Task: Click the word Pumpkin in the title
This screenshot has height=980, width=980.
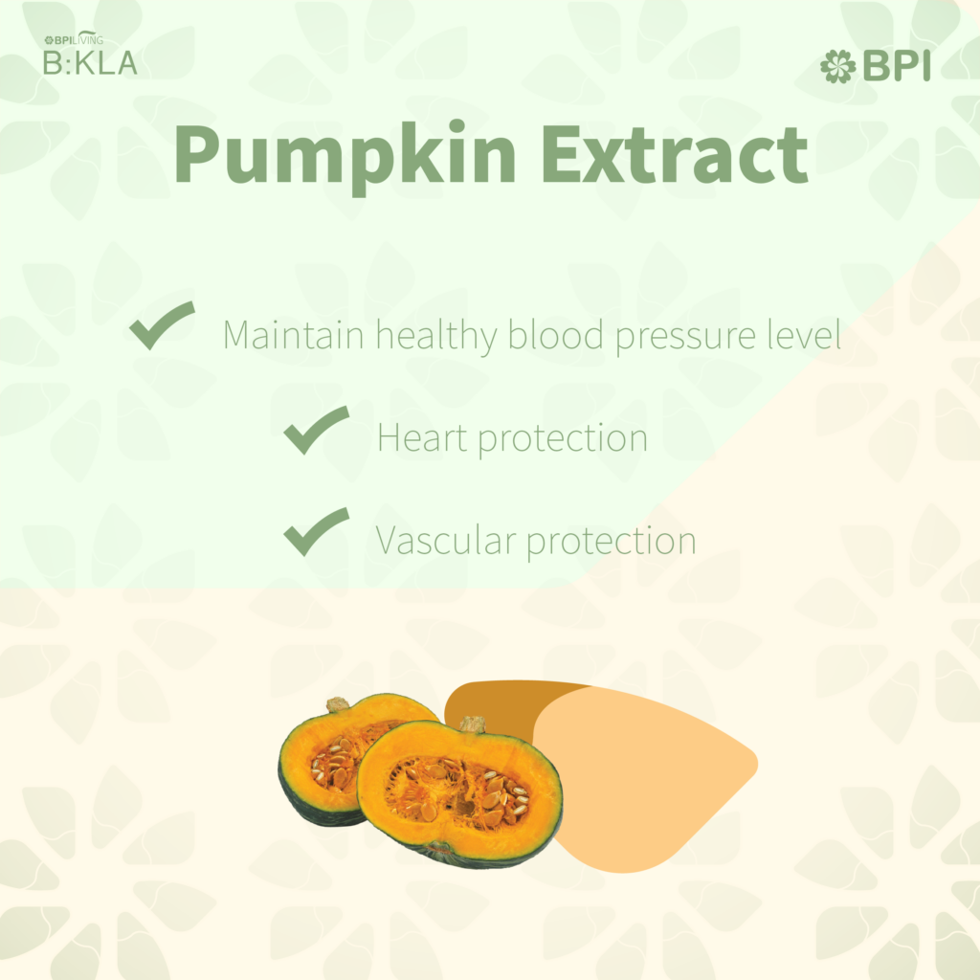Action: click(x=345, y=156)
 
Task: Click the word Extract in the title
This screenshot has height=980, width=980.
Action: click(x=675, y=153)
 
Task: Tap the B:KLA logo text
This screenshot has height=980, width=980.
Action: click(x=90, y=62)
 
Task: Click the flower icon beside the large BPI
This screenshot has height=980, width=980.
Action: click(x=838, y=66)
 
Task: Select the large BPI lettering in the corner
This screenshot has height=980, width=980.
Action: click(x=897, y=66)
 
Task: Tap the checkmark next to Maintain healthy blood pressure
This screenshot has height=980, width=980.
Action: click(x=163, y=325)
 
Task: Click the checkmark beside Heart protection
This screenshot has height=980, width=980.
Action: click(x=316, y=430)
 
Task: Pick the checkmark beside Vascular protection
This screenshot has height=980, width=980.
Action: click(x=316, y=531)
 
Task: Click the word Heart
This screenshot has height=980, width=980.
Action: click(x=422, y=436)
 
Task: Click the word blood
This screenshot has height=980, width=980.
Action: click(x=556, y=334)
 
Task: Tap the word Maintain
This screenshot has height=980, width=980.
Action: click(x=294, y=334)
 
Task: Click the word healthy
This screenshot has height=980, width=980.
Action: click(x=436, y=337)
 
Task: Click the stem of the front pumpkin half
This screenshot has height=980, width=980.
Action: click(x=473, y=724)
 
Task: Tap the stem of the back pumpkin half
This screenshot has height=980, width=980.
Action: click(x=338, y=704)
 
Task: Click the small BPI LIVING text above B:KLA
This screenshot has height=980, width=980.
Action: click(x=74, y=39)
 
